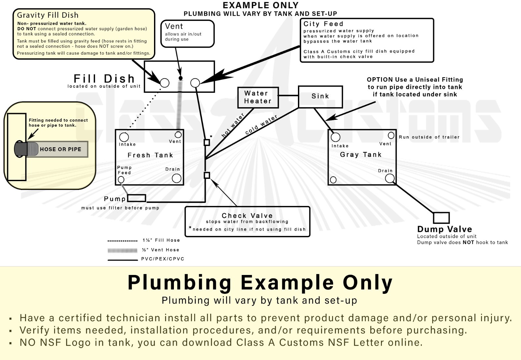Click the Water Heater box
[x=258, y=97]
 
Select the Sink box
[x=320, y=96]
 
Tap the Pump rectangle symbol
[x=136, y=198]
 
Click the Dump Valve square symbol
[x=441, y=218]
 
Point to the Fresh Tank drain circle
[x=176, y=178]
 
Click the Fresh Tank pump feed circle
[x=121, y=180]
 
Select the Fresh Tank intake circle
[x=124, y=137]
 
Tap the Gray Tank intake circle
[x=335, y=137]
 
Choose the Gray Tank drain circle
[x=390, y=178]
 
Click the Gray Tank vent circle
[x=391, y=135]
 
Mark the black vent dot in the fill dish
[x=180, y=78]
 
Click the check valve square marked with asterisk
[x=207, y=142]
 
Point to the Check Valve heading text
[x=247, y=216]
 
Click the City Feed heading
[x=323, y=24]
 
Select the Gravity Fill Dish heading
[x=48, y=15]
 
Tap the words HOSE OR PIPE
[x=61, y=149]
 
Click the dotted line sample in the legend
[x=122, y=241]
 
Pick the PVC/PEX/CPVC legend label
[x=162, y=259]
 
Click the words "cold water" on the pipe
[x=261, y=124]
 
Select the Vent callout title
[x=174, y=26]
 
